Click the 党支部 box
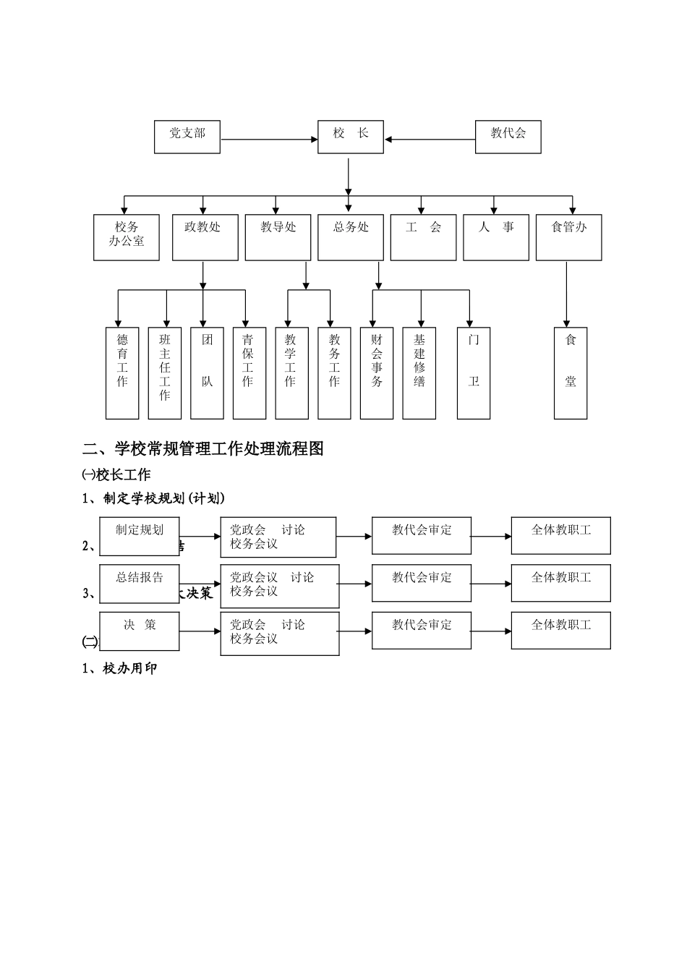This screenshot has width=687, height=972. (187, 137)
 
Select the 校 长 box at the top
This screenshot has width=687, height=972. (351, 137)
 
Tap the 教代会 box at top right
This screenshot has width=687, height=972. (508, 137)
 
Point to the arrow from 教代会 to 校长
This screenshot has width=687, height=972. (430, 140)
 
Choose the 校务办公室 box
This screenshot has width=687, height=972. (127, 237)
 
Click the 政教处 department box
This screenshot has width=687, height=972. (205, 237)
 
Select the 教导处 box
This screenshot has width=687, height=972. (278, 237)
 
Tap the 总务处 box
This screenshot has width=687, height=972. (351, 237)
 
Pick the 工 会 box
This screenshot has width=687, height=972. (424, 237)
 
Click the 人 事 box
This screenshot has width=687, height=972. (496, 237)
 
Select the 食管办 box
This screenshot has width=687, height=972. (569, 237)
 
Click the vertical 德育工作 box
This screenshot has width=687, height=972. (122, 373)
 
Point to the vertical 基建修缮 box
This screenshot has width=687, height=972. (419, 373)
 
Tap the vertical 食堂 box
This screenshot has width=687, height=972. (571, 373)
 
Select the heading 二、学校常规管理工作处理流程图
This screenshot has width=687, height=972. (203, 449)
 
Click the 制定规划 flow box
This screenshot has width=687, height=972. (140, 536)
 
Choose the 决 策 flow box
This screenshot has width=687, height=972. (140, 630)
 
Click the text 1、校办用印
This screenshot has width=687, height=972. (120, 669)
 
